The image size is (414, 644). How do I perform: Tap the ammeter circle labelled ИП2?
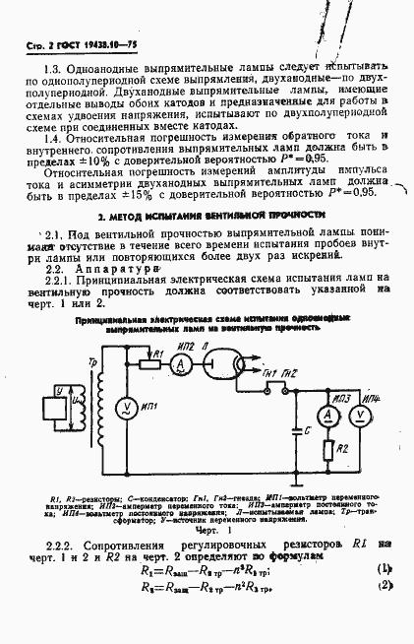[179, 363]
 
